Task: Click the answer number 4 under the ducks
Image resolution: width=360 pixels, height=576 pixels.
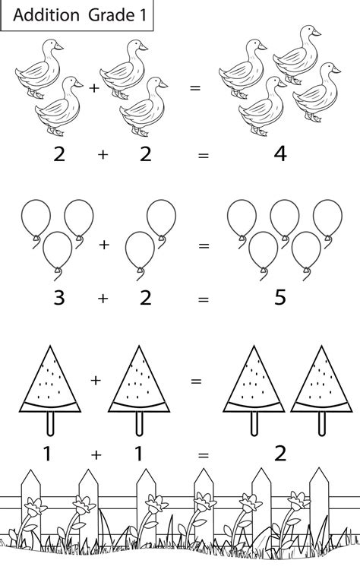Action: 279,154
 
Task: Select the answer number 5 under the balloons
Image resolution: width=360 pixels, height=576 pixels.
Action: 279,298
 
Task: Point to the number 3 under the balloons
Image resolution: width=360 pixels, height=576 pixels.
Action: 58,298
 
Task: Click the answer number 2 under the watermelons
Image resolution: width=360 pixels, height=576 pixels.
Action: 279,454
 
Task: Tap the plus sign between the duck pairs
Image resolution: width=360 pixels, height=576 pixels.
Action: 94,88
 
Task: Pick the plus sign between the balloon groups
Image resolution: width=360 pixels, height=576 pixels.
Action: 104,245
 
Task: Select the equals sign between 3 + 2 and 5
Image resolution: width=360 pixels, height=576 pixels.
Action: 203,299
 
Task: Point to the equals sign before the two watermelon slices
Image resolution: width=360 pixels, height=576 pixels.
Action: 196,379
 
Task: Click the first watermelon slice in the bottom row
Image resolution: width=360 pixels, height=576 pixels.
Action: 50,380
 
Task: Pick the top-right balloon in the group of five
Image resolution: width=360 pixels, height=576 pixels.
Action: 329,216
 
